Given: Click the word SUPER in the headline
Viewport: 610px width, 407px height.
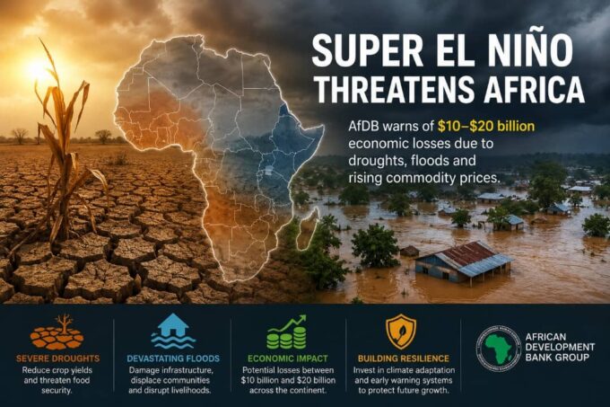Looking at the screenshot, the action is click(x=367, y=50).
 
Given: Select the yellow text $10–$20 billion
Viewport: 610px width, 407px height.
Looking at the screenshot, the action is click(x=486, y=126).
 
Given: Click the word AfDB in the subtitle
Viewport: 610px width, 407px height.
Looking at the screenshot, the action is click(x=367, y=126).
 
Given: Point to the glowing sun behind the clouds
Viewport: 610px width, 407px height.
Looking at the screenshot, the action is click(x=39, y=70).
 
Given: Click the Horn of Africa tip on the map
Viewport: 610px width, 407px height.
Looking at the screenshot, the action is click(x=323, y=127).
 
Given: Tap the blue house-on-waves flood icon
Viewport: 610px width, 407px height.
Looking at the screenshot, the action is click(x=173, y=331).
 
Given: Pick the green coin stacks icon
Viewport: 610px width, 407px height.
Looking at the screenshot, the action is click(x=287, y=332).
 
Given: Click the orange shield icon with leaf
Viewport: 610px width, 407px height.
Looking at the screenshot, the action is click(x=401, y=332).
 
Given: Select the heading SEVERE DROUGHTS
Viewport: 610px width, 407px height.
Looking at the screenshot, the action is click(x=58, y=358).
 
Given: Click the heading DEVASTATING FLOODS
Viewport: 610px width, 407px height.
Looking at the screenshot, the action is click(x=173, y=358).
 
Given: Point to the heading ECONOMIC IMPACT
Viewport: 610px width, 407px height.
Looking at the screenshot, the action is click(x=288, y=358).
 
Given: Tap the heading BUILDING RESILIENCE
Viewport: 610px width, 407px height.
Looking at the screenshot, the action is click(x=404, y=358).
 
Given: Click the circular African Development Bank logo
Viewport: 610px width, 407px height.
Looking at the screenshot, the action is click(x=499, y=348).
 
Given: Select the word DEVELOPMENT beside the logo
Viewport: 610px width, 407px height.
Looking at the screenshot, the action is click(x=560, y=347).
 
